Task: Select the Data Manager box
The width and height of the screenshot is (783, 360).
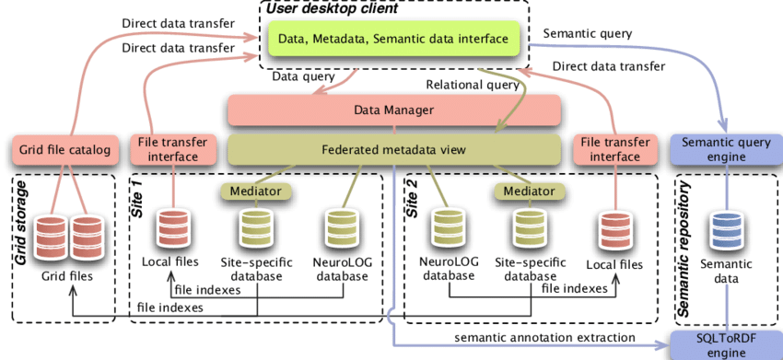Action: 394,110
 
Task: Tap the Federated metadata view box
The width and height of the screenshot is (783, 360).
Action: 394,148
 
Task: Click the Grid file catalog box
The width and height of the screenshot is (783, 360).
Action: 64,148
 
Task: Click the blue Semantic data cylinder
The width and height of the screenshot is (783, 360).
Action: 728,230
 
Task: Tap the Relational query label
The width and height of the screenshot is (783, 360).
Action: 470,85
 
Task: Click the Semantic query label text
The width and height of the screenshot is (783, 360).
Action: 587,34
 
